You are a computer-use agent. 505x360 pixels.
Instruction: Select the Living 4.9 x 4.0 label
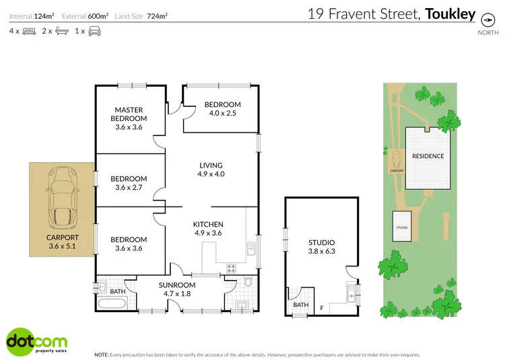click(211, 170)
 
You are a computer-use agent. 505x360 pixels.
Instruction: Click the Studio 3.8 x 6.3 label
click(322, 247)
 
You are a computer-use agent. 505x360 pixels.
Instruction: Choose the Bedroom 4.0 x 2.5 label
click(222, 109)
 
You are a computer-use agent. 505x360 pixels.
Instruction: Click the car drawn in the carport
click(63, 196)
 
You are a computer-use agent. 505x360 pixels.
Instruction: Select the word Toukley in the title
click(450, 14)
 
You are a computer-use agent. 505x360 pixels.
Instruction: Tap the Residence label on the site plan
click(428, 156)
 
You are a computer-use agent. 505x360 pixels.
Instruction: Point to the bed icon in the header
click(28, 31)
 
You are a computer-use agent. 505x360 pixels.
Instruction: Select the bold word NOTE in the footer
click(101, 354)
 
